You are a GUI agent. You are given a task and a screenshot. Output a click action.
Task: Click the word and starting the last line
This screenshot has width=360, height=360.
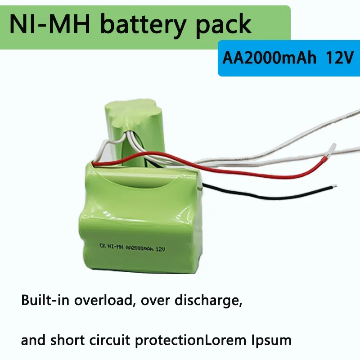click(x=32, y=339)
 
